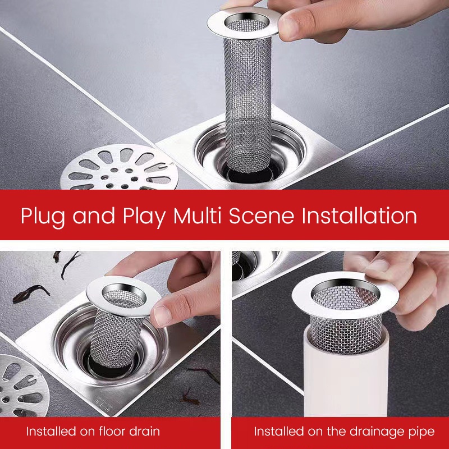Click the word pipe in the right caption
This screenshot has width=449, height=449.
pyautogui.click(x=420, y=432)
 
